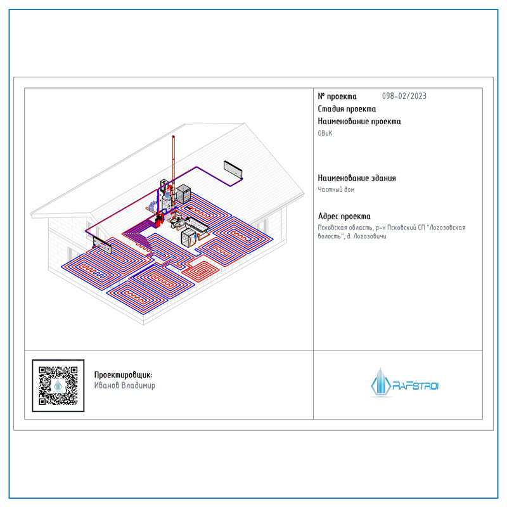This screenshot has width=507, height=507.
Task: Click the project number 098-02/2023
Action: [404, 96]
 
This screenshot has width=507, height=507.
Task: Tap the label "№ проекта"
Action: [337, 96]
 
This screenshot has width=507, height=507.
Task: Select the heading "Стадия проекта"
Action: [347, 109]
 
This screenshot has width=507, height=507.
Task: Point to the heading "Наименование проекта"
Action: [359, 122]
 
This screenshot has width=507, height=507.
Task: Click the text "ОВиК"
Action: [325, 133]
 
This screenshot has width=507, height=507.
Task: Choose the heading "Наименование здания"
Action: [357, 178]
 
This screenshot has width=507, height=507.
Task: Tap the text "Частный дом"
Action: [336, 189]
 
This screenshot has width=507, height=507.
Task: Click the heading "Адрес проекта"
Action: [344, 216]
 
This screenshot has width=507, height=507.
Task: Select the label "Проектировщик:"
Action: [123, 375]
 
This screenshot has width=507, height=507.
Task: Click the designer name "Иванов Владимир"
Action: [124, 385]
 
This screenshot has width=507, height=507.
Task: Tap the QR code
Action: [58, 385]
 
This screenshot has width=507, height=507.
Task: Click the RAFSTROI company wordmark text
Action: [416, 386]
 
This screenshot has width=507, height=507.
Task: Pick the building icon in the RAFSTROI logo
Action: [381, 383]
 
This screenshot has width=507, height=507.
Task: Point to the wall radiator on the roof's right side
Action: [233, 170]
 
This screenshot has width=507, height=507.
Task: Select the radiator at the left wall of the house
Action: [102, 245]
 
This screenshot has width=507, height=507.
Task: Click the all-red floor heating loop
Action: [200, 269]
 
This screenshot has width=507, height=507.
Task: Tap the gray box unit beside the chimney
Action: [183, 193]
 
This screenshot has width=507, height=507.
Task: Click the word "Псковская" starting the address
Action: [331, 228]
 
